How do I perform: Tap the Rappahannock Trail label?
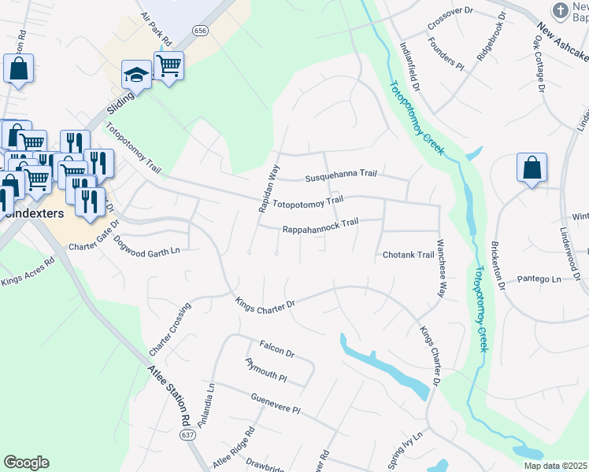tap(320, 226)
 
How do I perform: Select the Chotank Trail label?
tap(408, 255)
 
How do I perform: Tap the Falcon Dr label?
tap(276, 349)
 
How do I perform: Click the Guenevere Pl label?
tap(276, 404)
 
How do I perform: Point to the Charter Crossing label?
tap(169, 327)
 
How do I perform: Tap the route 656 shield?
tap(201, 30)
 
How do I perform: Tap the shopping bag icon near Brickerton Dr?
tap(532, 168)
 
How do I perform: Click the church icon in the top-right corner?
tap(560, 11)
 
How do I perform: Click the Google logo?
tap(26, 463)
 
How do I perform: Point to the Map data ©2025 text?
tap(555, 466)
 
